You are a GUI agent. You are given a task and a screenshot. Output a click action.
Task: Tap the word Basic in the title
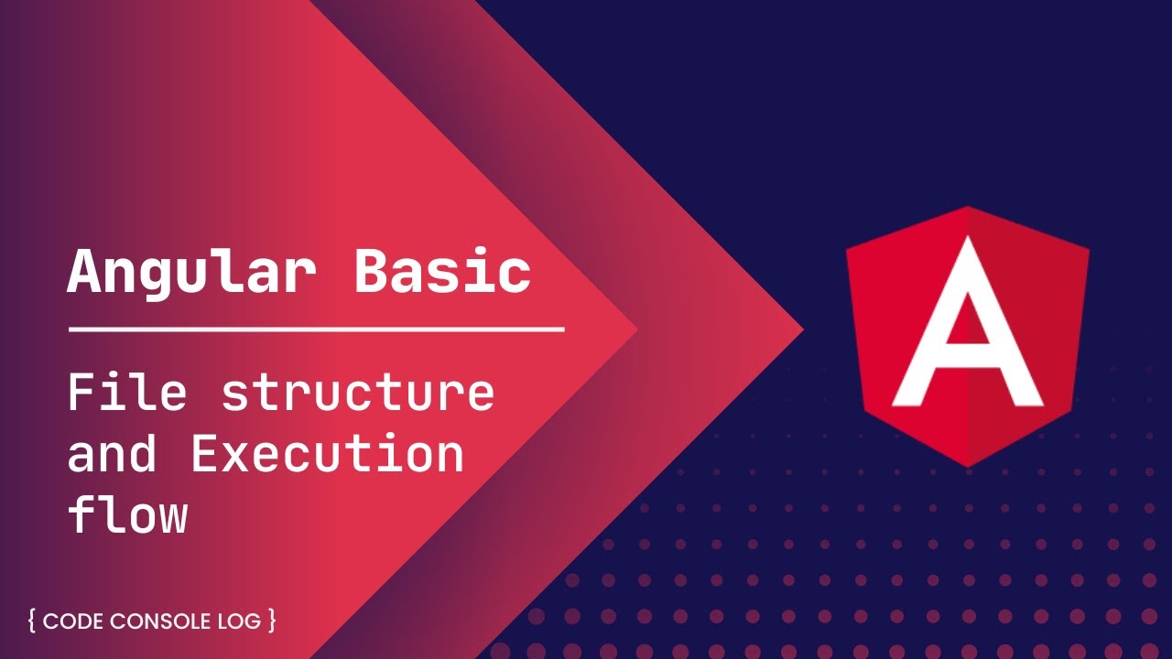[x=443, y=270]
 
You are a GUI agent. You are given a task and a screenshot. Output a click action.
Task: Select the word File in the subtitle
[x=127, y=392]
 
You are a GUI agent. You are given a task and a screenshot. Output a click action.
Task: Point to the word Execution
[x=327, y=454]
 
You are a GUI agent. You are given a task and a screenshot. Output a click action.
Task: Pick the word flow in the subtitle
[x=127, y=514]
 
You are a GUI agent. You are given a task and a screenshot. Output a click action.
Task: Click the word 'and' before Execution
[x=113, y=455]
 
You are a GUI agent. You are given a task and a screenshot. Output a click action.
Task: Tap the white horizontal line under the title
[x=316, y=329]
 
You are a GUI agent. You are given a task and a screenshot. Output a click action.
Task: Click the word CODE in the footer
[x=74, y=621]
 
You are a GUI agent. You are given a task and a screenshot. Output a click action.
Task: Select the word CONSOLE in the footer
[x=160, y=621]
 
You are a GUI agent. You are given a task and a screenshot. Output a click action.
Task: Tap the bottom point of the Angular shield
[x=969, y=465]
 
